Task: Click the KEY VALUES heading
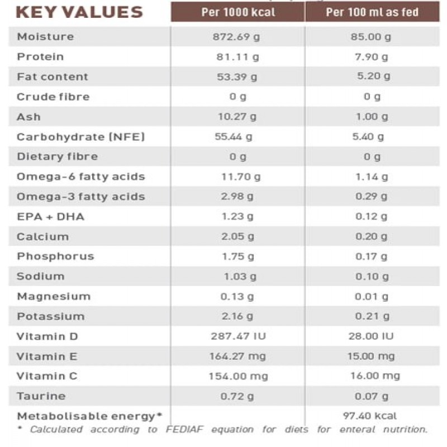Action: [79, 12]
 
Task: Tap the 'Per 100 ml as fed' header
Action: [372, 12]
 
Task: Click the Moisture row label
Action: [45, 37]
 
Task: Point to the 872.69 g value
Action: [237, 37]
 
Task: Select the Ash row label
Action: [28, 117]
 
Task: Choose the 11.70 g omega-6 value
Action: [241, 177]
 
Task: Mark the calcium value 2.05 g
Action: [237, 236]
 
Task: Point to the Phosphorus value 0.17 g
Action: [372, 256]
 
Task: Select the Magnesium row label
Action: [53, 296]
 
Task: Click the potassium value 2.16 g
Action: [237, 316]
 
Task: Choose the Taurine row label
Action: [41, 396]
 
